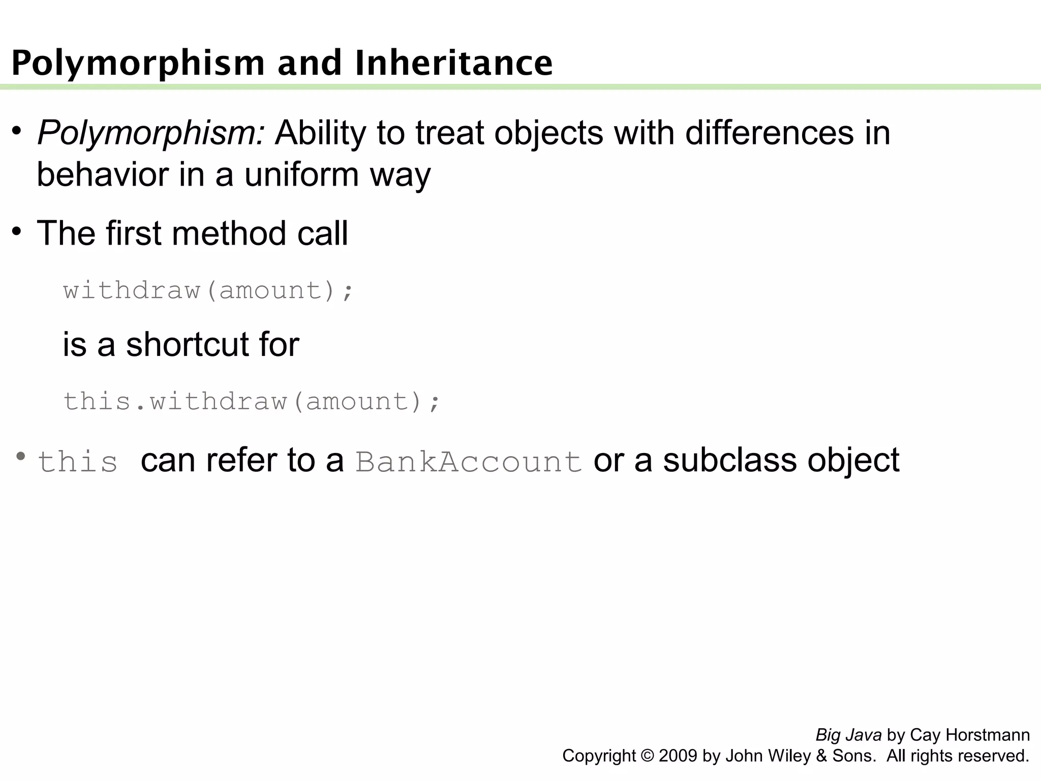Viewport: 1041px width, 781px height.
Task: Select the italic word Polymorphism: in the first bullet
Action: click(x=151, y=133)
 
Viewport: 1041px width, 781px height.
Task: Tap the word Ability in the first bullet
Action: click(x=320, y=133)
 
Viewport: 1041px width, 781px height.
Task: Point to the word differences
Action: click(x=770, y=133)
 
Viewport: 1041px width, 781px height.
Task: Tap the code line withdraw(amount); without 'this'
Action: click(x=208, y=290)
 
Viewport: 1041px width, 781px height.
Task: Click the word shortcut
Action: click(x=187, y=344)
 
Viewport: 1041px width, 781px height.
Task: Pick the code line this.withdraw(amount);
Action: click(x=251, y=401)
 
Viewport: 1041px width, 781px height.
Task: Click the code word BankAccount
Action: click(x=468, y=462)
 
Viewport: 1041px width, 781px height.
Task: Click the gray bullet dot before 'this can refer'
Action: click(x=20, y=456)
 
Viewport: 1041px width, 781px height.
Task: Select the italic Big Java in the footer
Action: click(x=848, y=735)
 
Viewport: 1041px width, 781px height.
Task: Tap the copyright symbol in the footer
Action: click(x=648, y=756)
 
